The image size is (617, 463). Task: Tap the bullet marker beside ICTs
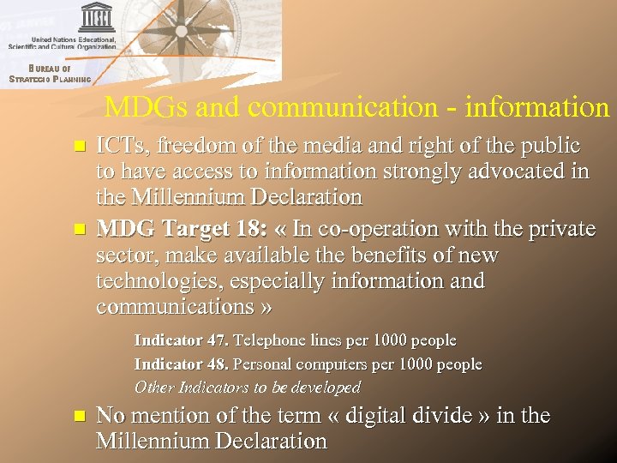[x=80, y=147]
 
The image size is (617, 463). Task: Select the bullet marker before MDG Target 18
[x=80, y=230]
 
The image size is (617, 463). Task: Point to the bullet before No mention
[x=80, y=417]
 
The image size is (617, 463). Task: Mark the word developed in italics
[x=323, y=387]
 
